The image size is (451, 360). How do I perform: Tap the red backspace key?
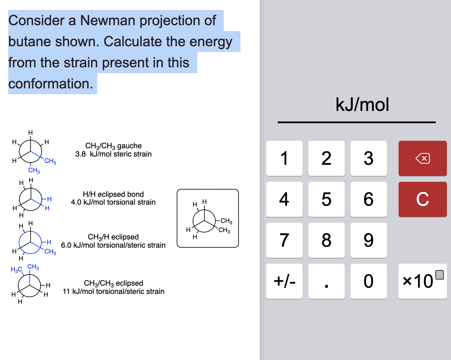(x=422, y=158)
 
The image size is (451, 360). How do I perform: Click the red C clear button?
(x=422, y=199)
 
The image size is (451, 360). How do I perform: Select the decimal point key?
(x=326, y=282)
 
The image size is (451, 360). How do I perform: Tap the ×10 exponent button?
(x=422, y=281)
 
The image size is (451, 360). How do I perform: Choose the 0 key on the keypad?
(x=368, y=281)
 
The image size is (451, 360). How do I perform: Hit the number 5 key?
(x=326, y=199)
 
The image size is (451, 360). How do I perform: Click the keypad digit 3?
(x=368, y=158)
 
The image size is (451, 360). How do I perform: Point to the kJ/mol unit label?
(x=362, y=105)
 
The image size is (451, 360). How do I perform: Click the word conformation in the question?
(x=50, y=84)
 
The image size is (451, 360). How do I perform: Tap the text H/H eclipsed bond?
(x=113, y=194)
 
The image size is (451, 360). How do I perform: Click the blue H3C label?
(x=16, y=269)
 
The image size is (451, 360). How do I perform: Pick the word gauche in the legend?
(x=129, y=146)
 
